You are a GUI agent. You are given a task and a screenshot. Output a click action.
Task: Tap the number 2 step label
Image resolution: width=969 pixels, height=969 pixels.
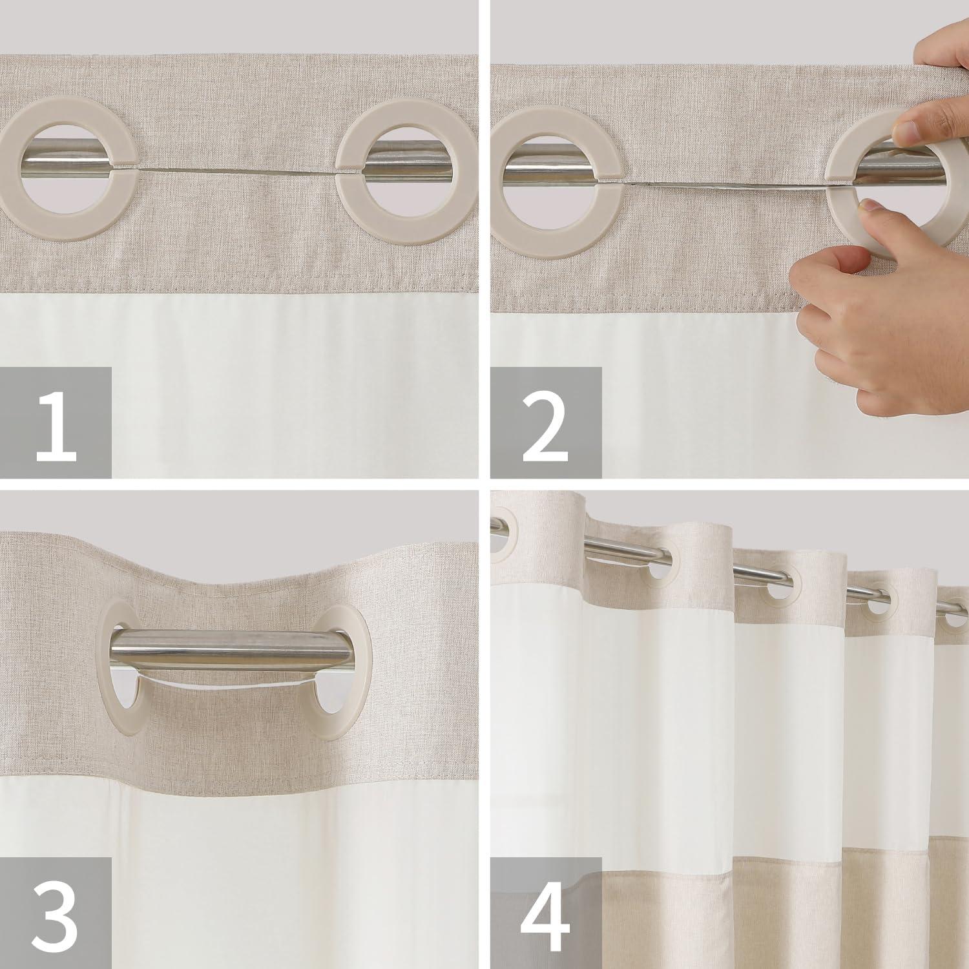[x=546, y=423]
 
